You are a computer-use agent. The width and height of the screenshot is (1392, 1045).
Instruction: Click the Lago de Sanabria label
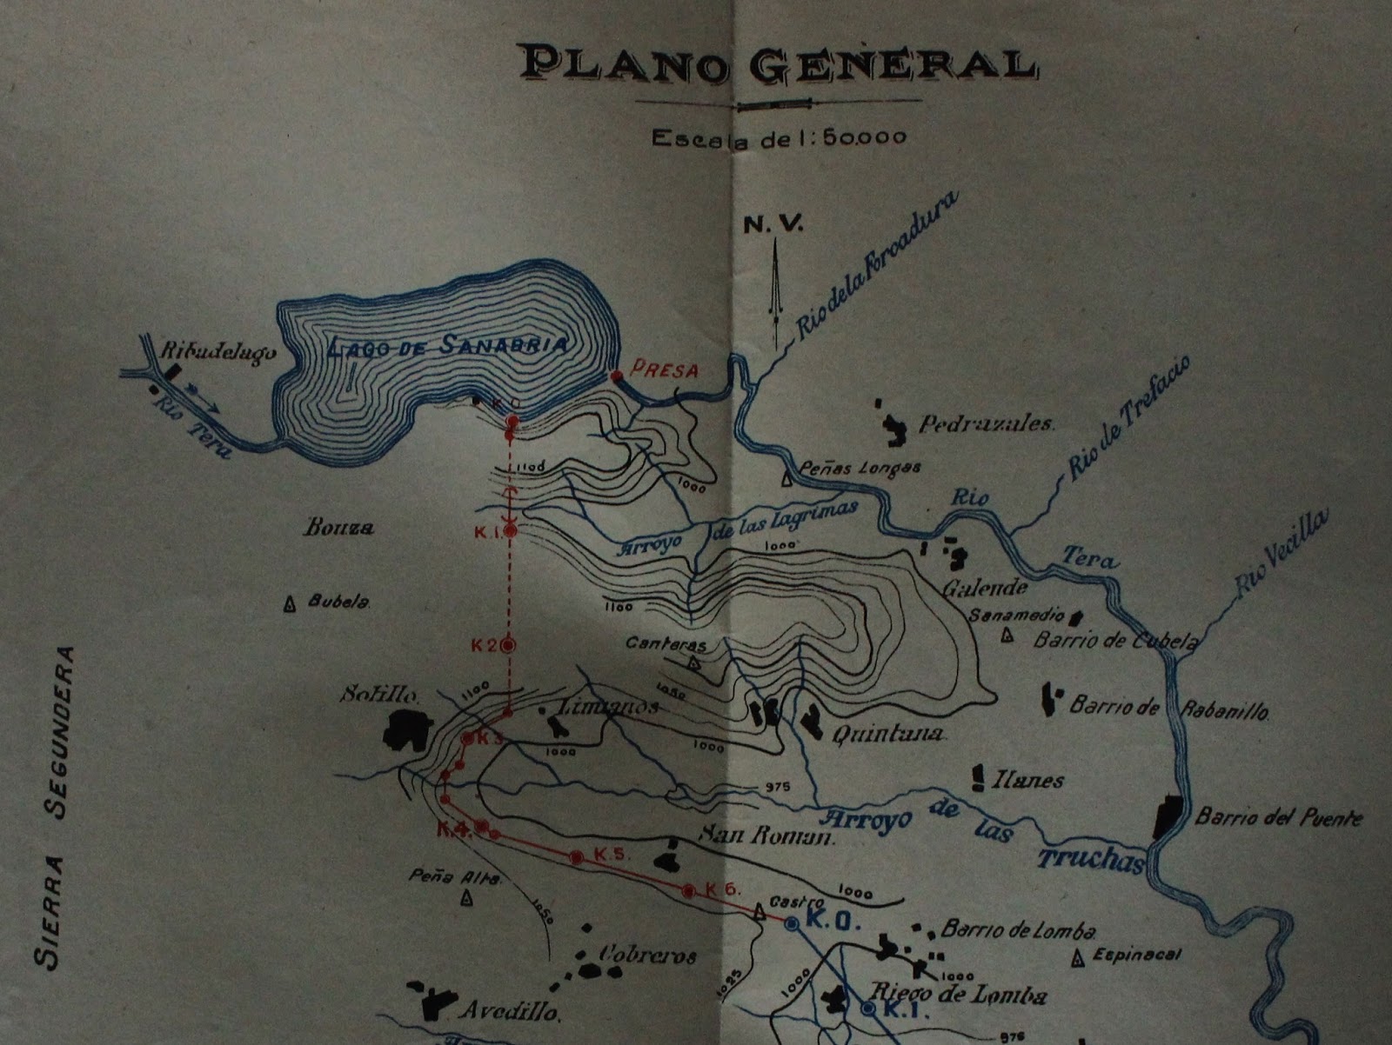(x=449, y=345)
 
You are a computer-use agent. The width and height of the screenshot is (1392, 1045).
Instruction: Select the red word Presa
(x=666, y=369)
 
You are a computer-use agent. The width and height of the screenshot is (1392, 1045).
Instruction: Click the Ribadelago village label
(x=217, y=354)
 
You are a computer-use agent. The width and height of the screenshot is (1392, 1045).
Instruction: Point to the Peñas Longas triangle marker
(x=786, y=477)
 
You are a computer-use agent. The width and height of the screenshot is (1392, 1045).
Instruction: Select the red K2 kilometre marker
(x=508, y=645)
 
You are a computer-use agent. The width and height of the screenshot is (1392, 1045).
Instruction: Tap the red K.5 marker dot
(x=575, y=857)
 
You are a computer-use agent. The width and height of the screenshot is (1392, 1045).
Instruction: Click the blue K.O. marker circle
(x=792, y=924)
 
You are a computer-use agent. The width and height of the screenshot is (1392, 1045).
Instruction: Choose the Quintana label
(x=888, y=735)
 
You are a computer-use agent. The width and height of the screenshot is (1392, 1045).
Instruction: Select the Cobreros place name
(x=646, y=955)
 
